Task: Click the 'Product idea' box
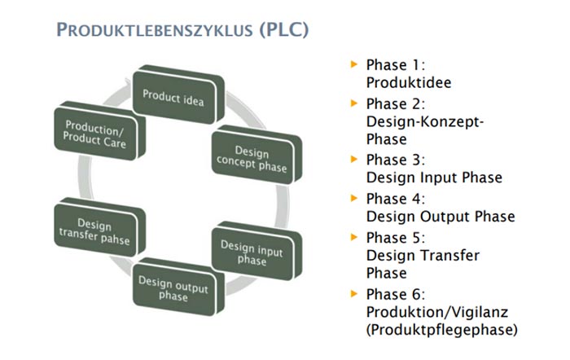tap(173, 95)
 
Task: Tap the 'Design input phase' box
tap(252, 252)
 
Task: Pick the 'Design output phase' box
tap(174, 288)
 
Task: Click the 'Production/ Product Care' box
tap(96, 132)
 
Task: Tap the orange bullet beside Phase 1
tap(353, 62)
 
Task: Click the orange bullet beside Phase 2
tap(353, 103)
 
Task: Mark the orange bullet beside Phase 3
tap(353, 159)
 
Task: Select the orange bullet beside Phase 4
tap(353, 197)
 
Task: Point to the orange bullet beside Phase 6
tap(353, 292)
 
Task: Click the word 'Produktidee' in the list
tap(408, 82)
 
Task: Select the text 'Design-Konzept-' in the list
tap(425, 121)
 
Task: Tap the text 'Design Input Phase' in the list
tap(434, 178)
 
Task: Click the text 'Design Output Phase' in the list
tap(440, 216)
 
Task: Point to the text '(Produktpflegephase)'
tap(441, 330)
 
